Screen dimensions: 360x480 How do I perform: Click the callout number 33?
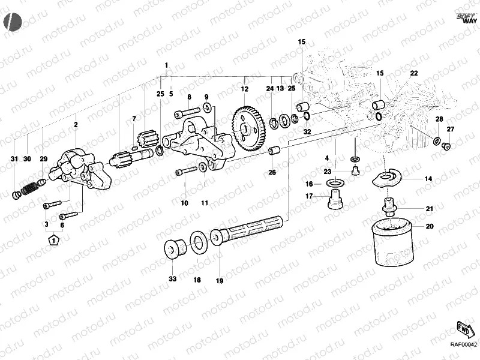click(x=172, y=280)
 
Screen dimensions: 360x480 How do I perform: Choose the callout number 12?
click(x=244, y=89)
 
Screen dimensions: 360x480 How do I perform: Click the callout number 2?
click(x=76, y=124)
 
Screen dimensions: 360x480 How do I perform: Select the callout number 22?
click(x=414, y=73)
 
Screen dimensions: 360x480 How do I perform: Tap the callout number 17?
click(x=309, y=196)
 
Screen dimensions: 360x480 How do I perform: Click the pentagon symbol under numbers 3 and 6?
click(x=54, y=241)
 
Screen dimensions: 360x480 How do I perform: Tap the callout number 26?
click(x=272, y=173)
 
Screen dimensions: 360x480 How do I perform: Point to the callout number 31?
click(x=16, y=158)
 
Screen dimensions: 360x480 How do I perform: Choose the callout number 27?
click(x=451, y=130)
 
